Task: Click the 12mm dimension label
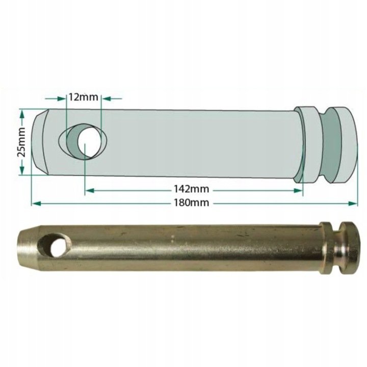[x=83, y=97]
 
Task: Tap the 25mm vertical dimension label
[x=21, y=142]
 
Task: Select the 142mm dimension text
[x=191, y=189]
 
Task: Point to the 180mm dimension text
[x=191, y=202]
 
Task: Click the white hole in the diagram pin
[x=90, y=142]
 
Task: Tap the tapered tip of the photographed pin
[x=29, y=249]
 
